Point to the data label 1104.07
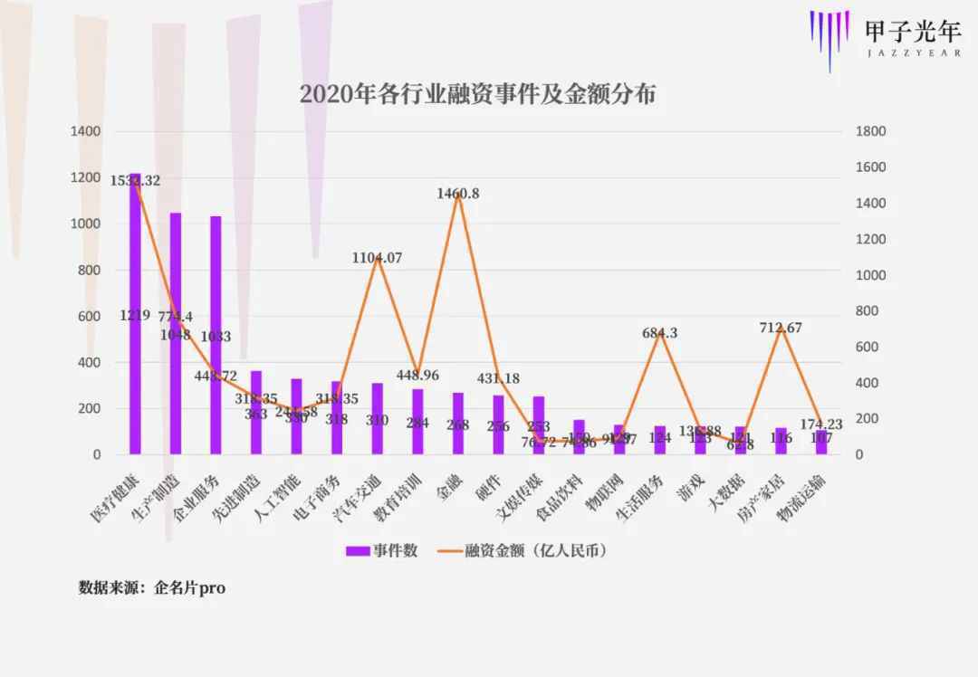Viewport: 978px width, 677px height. point(377,258)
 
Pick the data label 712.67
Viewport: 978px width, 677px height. point(781,328)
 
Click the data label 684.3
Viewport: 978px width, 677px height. point(659,333)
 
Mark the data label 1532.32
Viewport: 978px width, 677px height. point(135,181)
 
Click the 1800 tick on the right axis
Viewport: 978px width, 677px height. point(870,132)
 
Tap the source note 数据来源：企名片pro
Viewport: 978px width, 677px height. point(152,588)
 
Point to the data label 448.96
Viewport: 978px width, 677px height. point(417,375)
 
